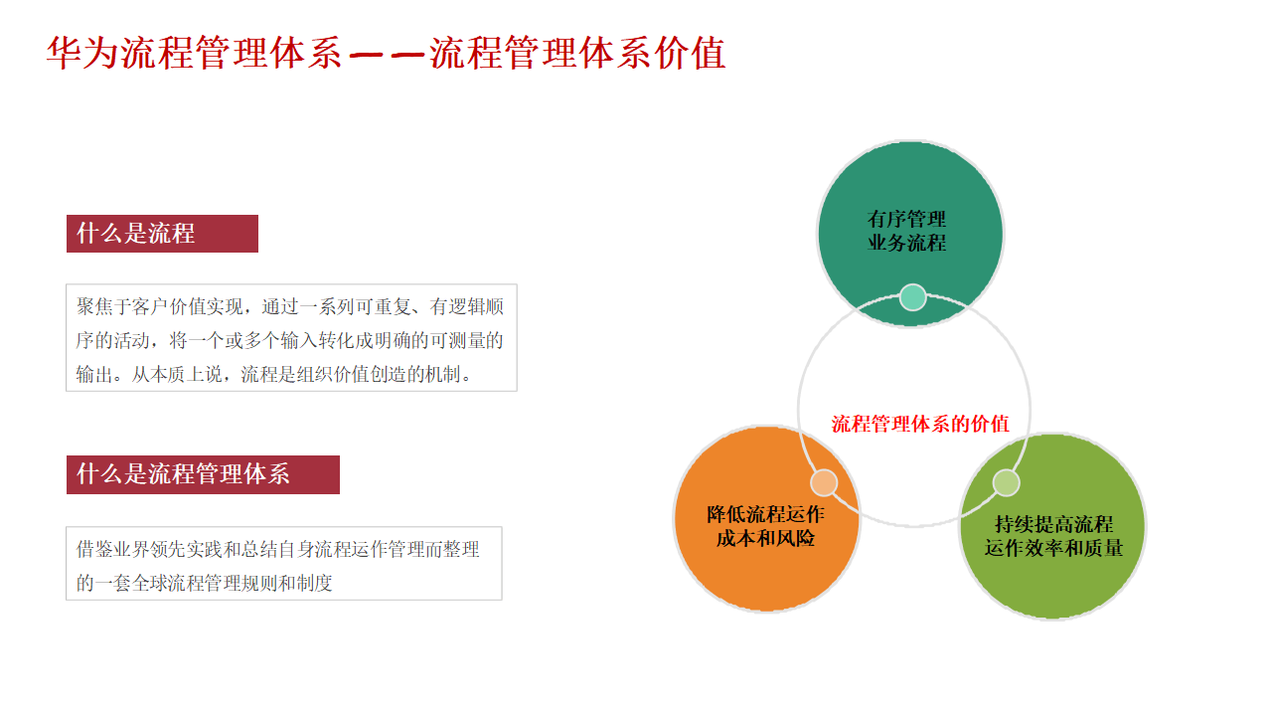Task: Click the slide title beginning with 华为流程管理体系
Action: (386, 54)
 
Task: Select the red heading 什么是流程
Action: (136, 234)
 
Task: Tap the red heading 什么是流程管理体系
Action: (184, 474)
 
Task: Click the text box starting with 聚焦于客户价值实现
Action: (291, 339)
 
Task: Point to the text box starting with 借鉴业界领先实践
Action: (283, 564)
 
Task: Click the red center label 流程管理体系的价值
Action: (920, 424)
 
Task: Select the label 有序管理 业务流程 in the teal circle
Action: (906, 231)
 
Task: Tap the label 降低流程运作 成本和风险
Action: (765, 526)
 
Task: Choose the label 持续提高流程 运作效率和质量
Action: (1053, 536)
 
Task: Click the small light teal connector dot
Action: (912, 297)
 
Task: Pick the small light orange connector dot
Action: (824, 483)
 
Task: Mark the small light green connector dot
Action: (1006, 482)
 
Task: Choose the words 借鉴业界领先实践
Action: (148, 549)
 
